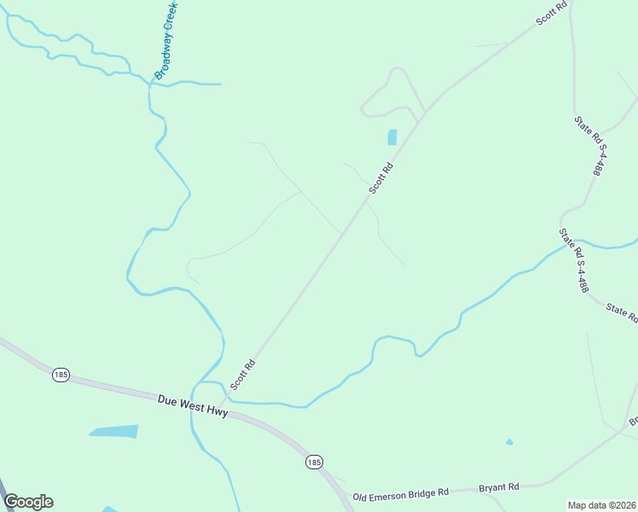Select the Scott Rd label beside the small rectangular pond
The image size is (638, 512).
tap(380, 177)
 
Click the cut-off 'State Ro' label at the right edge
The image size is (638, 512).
tap(621, 311)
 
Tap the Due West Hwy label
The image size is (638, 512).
tap(193, 404)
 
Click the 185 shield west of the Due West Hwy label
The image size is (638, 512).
tap(60, 375)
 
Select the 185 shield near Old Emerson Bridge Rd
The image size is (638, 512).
tap(314, 462)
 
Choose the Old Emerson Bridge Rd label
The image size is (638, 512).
tap(400, 494)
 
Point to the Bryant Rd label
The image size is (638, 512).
tap(499, 487)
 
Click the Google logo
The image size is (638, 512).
tap(28, 502)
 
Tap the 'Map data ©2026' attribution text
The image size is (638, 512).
tap(601, 504)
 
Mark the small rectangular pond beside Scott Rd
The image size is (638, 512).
tap(392, 137)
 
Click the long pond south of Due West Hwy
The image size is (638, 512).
tap(115, 431)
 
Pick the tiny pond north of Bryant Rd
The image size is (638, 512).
tap(509, 442)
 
